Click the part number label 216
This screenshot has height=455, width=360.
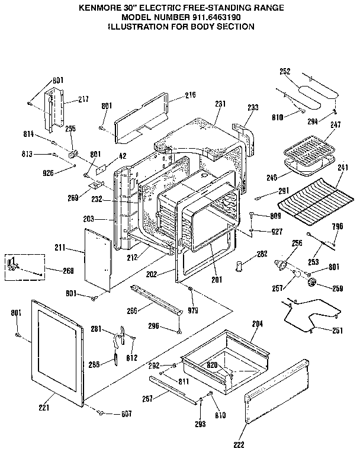(x=190, y=95)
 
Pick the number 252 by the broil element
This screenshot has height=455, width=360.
(x=285, y=72)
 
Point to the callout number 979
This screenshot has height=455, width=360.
(x=193, y=310)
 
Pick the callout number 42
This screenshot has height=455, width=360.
(x=123, y=156)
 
